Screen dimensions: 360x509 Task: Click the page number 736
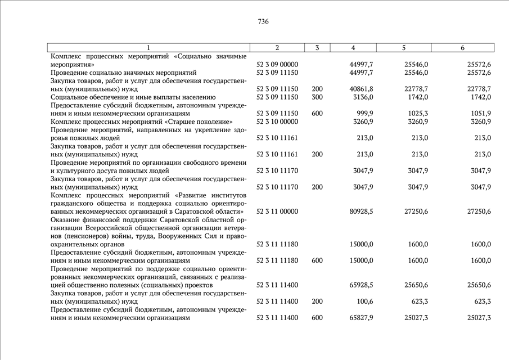tap(263, 22)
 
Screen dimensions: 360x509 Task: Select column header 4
tap(353, 48)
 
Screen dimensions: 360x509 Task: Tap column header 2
tap(277, 48)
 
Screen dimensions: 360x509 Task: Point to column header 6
tap(462, 48)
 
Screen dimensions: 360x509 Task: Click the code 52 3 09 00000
tap(277, 65)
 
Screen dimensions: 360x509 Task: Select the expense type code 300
tap(317, 97)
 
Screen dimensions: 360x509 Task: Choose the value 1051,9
tap(480, 113)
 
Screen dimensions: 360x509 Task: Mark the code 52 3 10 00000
tap(277, 121)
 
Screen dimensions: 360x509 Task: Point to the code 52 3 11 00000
tap(277, 211)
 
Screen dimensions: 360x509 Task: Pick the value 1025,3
tap(417, 113)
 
